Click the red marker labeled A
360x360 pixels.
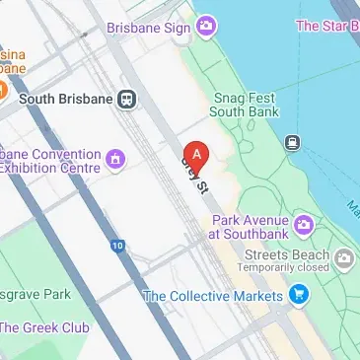point(197,156)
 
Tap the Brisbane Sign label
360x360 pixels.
point(148,28)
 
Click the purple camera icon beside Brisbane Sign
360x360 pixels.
point(206,26)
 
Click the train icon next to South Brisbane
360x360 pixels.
point(126,99)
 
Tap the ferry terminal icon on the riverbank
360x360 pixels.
point(293,143)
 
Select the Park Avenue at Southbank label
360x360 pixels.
point(248,227)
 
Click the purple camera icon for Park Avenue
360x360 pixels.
point(305,226)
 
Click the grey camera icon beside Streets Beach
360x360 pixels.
point(344,258)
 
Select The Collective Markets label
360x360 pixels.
point(211,295)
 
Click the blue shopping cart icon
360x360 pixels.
point(298,294)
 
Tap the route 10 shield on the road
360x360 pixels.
point(118,245)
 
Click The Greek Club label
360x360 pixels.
point(45,327)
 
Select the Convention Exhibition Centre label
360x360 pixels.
point(49,161)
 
